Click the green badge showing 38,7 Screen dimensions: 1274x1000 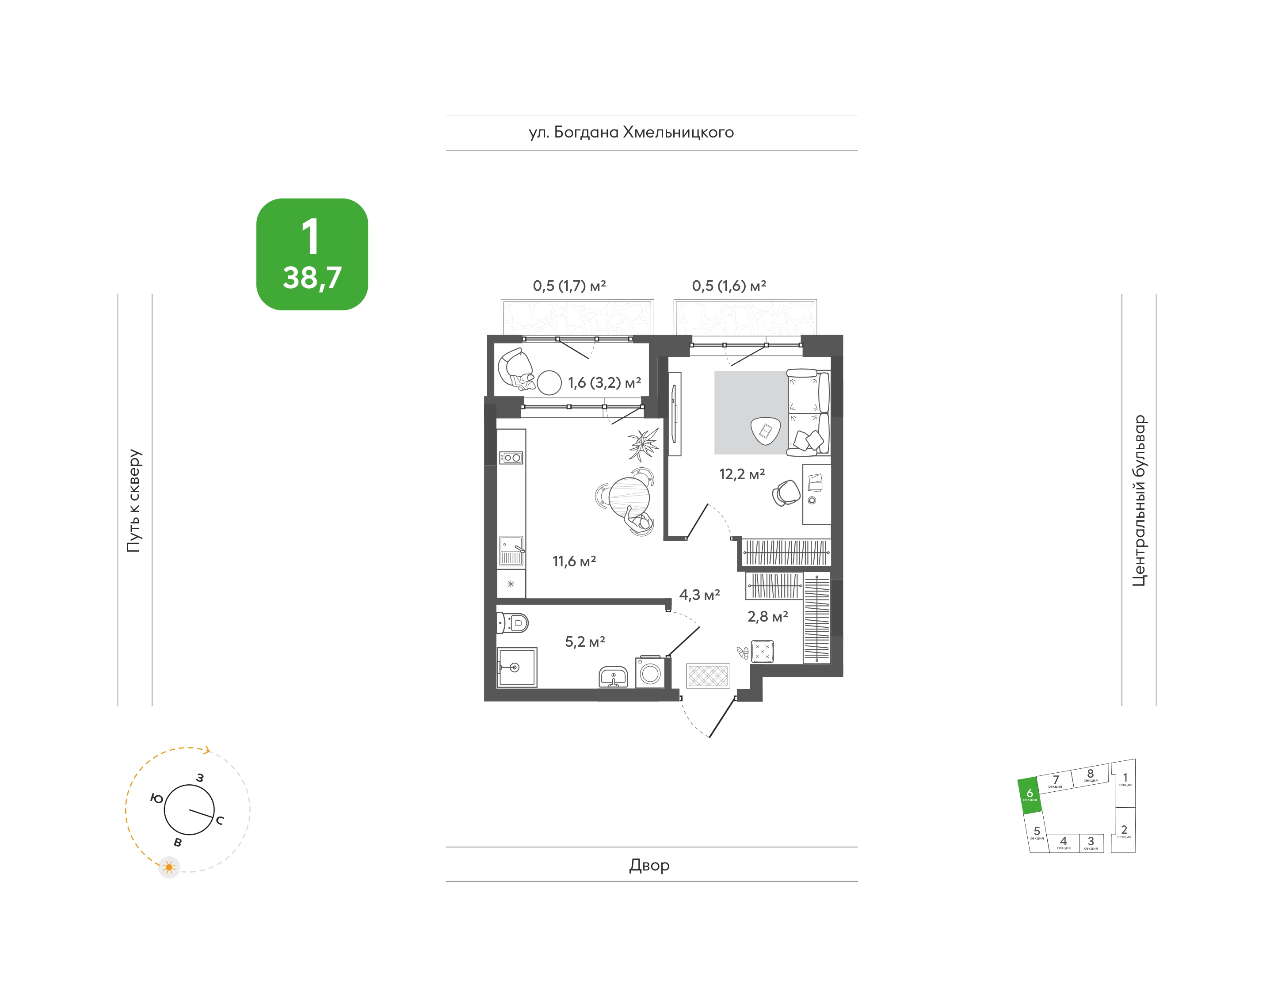click(312, 254)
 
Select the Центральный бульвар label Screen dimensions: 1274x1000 click(1139, 500)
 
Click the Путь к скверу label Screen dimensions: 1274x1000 click(134, 500)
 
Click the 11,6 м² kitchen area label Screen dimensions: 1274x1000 click(574, 561)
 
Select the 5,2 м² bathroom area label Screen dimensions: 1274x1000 click(585, 641)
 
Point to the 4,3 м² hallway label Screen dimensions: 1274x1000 click(700, 595)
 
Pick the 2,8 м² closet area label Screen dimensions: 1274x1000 click(767, 617)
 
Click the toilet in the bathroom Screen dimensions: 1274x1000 click(512, 623)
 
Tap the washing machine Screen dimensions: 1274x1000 click(650, 672)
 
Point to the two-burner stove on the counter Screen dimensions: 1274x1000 click(511, 458)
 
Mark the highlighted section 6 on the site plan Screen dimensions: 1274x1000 click(1030, 796)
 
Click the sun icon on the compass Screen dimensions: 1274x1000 click(169, 867)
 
